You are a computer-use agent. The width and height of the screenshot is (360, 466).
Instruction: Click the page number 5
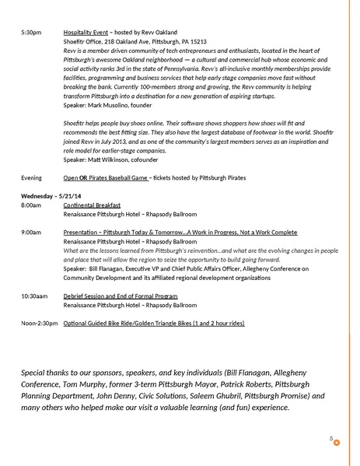point(331,440)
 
